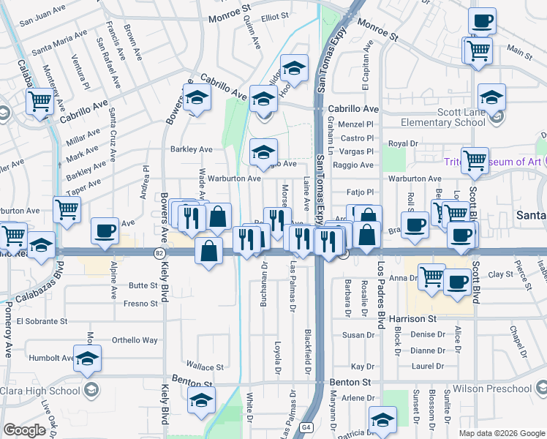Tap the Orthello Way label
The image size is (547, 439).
(135, 340)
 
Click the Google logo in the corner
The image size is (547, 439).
(24, 430)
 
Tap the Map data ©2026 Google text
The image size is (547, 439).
(501, 433)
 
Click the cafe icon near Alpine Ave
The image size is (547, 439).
(105, 230)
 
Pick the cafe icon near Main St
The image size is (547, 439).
(482, 20)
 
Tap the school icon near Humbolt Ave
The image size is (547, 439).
(87, 359)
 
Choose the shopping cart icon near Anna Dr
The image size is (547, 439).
(432, 277)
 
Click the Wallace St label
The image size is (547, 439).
(204, 367)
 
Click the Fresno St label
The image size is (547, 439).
(141, 303)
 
